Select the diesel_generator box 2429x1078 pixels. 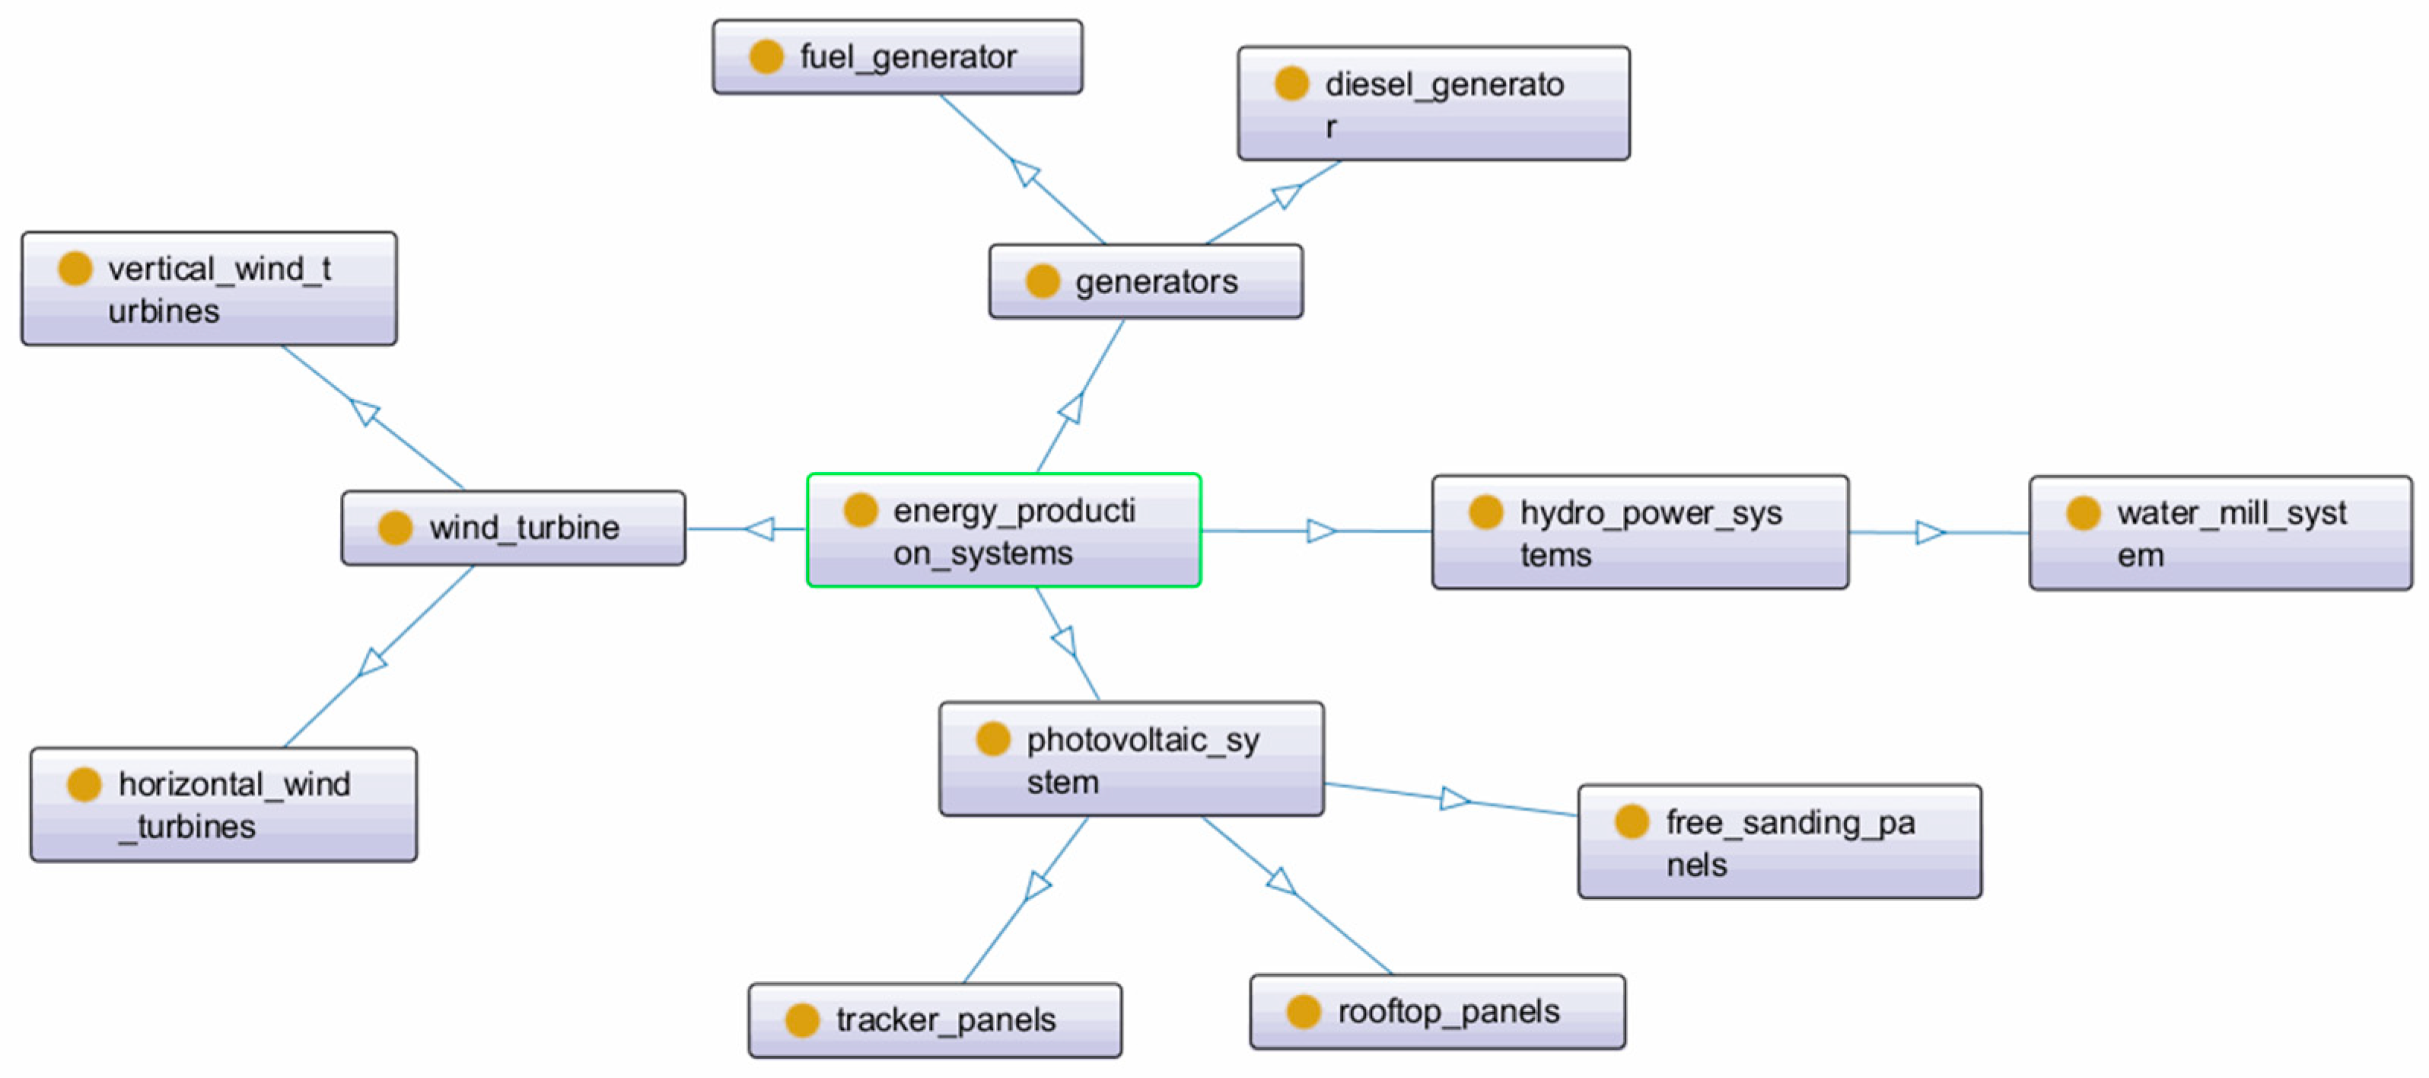pos(1432,103)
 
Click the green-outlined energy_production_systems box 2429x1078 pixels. pos(1003,530)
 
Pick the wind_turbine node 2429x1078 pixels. pos(513,528)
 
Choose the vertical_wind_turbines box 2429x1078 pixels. pos(209,289)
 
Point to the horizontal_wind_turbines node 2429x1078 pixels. pos(224,805)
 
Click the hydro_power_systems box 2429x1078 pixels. pos(1639,533)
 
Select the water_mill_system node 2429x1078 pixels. pos(2220,534)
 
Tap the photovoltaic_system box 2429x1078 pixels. pos(1131,759)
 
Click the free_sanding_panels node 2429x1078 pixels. pos(1778,841)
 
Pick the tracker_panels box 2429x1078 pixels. pos(934,1019)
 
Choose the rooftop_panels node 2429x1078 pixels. pos(1436,1011)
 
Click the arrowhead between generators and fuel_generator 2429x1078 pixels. pos(1025,173)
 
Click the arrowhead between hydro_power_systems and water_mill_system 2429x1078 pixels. pos(1929,533)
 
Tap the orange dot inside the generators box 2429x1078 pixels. pos(1042,281)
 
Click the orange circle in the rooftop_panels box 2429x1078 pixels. pos(1303,1011)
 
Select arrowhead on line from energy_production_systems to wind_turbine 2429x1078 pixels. pos(761,528)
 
